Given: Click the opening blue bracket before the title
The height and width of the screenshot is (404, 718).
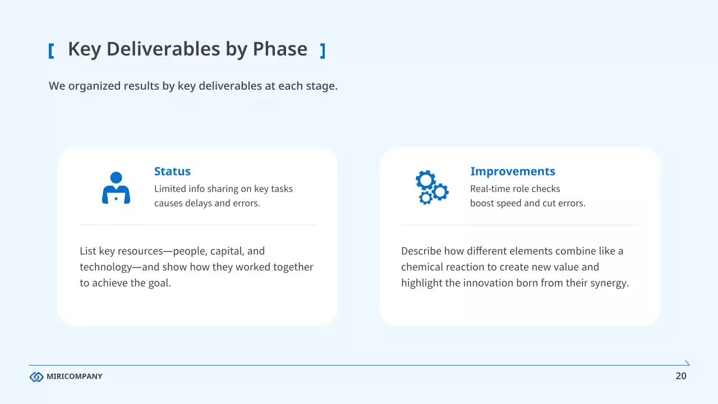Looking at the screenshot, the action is (51, 51).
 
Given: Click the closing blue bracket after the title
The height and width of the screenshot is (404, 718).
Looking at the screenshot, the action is (323, 51).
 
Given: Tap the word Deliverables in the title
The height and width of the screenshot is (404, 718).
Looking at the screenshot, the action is (163, 49).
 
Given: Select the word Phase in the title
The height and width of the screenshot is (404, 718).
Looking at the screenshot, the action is (280, 49).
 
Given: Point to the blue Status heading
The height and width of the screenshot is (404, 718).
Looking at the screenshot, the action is (172, 171).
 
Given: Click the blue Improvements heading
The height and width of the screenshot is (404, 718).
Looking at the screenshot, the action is (513, 171).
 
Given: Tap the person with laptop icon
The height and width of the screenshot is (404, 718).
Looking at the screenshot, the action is (116, 187).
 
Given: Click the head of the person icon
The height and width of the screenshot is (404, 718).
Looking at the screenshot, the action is (116, 178).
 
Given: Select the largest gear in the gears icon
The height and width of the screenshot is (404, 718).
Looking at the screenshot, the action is (426, 180).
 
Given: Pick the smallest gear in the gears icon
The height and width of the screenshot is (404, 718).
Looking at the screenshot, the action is (425, 198).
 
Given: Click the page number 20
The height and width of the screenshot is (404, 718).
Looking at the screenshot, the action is (681, 376).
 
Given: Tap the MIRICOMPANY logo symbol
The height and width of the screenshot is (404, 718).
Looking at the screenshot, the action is (36, 377).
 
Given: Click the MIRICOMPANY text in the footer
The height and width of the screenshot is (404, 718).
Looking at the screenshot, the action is (75, 376).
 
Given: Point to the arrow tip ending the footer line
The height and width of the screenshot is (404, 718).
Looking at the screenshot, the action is (689, 365).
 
